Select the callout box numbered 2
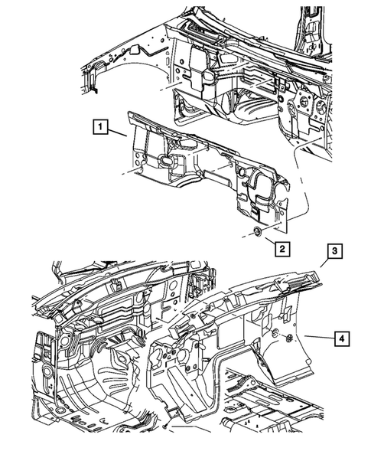tap(282, 249)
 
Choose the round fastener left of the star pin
tap(273, 333)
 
